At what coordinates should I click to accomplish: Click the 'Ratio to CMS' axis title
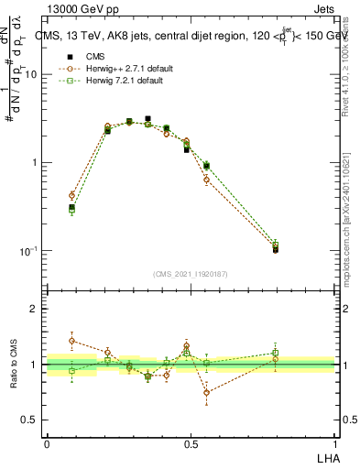13,365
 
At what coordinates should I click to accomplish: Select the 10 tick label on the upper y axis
30,75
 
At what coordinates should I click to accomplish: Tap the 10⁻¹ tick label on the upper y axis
27,251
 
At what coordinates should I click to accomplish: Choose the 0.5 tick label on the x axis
191,444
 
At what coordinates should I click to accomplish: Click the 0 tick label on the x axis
47,444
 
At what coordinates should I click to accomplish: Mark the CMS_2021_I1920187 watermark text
191,273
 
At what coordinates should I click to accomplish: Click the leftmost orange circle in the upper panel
71,195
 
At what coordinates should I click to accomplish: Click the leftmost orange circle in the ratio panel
71,340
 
